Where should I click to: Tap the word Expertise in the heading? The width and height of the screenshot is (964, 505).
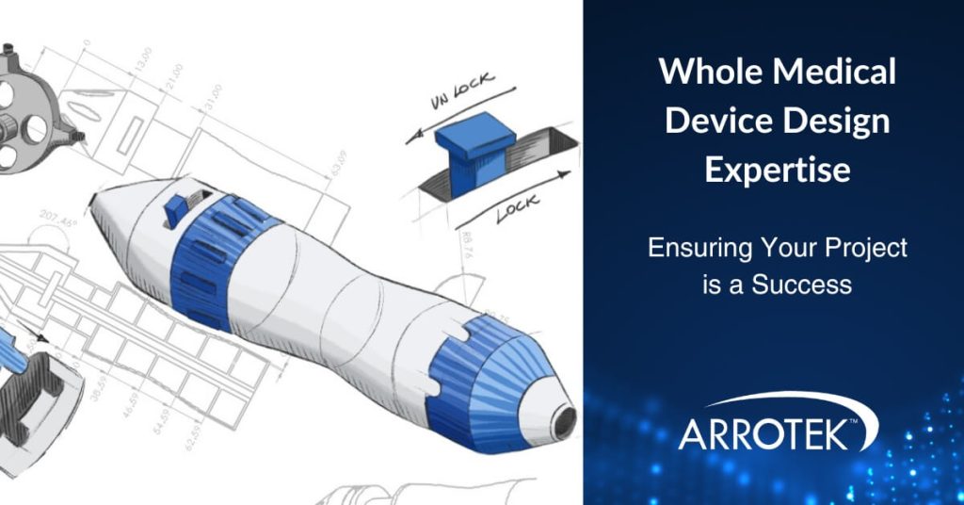(778, 170)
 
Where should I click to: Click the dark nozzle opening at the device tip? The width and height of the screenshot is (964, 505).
(564, 422)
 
